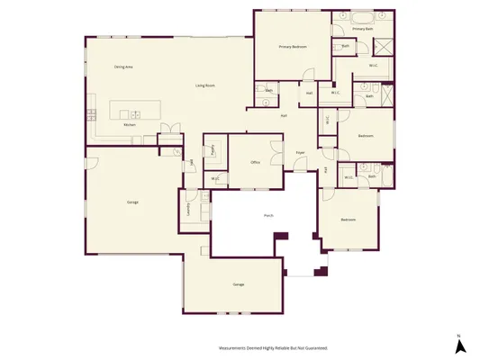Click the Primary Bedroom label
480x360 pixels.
[x=294, y=46]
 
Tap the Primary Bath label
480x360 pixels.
[x=362, y=29]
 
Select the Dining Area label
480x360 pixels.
[x=123, y=67]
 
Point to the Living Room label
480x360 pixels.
[x=205, y=85]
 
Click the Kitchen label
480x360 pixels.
[x=130, y=137]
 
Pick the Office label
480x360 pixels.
[x=255, y=163]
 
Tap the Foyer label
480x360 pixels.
[x=300, y=153]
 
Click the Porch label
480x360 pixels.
[x=268, y=216]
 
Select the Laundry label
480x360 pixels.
[x=188, y=210]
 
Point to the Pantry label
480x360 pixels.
[x=213, y=150]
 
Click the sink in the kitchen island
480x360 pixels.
[x=134, y=114]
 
